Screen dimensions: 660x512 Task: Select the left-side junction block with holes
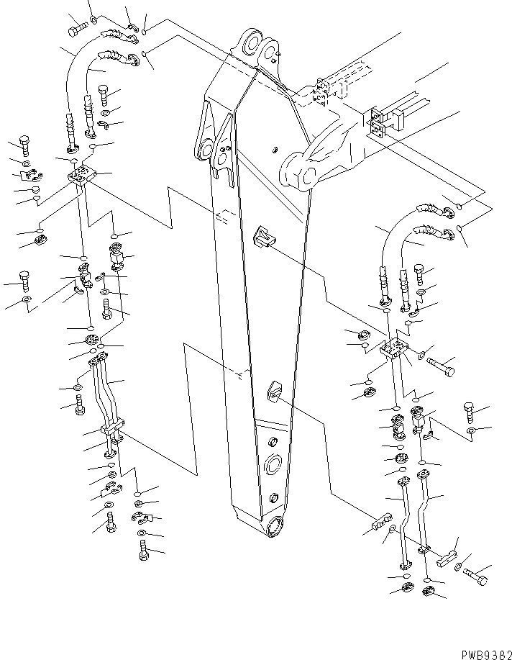pos(83,175)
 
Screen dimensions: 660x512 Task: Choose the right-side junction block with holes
pos(393,350)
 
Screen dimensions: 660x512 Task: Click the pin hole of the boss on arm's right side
pos(306,174)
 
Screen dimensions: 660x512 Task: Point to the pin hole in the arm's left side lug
pos(207,153)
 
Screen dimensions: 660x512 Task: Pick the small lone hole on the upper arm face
pos(274,150)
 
